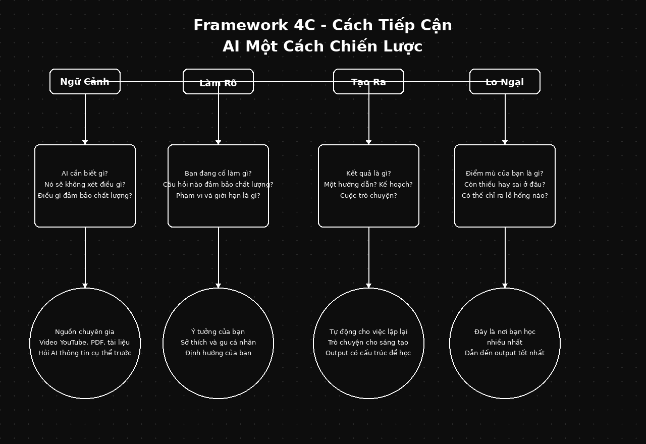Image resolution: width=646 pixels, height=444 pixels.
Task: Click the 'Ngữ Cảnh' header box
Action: (85, 82)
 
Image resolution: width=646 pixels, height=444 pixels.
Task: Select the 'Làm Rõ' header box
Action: (218, 82)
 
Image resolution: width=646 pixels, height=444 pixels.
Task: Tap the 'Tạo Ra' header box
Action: (368, 82)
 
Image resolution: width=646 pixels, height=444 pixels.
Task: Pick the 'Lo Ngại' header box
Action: (505, 82)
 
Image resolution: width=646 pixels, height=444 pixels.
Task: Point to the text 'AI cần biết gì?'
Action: (85, 174)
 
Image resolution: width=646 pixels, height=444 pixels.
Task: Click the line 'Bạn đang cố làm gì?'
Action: (218, 174)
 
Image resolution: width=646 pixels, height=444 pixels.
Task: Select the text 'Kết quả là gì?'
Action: (368, 174)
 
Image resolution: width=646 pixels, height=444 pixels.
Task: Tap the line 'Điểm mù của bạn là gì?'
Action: (505, 174)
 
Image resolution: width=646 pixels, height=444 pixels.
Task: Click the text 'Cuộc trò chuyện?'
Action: (368, 196)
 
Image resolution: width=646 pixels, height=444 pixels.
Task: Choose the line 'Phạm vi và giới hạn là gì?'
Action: (218, 196)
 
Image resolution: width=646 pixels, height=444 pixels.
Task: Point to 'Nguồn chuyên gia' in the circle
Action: (85, 332)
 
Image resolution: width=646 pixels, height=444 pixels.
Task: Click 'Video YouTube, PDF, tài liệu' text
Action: (85, 343)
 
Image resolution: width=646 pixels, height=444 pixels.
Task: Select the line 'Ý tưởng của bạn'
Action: (218, 332)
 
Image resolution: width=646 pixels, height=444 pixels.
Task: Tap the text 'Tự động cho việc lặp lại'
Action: (368, 332)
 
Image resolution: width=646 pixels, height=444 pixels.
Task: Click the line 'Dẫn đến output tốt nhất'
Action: (505, 353)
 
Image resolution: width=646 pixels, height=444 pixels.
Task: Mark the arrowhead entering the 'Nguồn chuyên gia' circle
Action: (85, 286)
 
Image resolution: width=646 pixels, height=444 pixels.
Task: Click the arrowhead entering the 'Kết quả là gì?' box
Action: (369, 142)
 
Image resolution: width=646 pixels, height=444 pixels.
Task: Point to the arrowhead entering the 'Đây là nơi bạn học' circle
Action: (505, 286)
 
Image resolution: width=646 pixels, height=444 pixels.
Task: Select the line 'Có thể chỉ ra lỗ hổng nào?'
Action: (505, 196)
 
